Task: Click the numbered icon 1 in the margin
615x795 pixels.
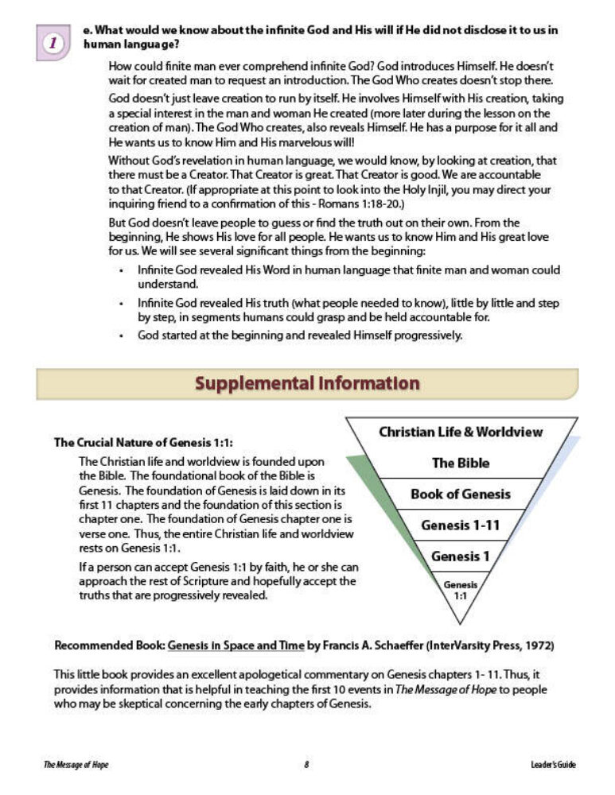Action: point(53,44)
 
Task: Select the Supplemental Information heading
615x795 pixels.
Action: point(307,383)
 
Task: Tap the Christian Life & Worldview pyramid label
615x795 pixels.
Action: point(461,432)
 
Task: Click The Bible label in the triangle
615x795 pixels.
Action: point(461,463)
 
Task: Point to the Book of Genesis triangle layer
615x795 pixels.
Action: point(461,494)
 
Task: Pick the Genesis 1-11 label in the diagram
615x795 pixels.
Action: point(461,525)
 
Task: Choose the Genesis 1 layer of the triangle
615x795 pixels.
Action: point(461,556)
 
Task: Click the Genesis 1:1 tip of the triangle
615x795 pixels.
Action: point(461,589)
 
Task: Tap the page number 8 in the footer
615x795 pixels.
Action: point(306,765)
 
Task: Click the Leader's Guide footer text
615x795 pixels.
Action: point(553,765)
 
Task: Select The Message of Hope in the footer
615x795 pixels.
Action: point(76,765)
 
